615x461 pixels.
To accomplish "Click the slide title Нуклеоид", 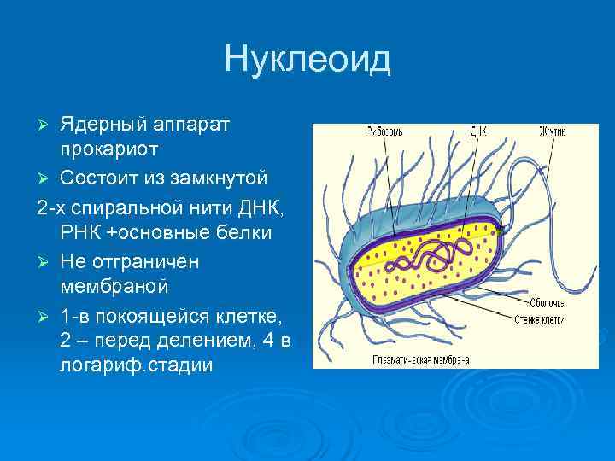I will click(x=307, y=60).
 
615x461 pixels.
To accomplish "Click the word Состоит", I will click(x=99, y=178).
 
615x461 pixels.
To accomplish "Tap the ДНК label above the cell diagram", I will click(x=478, y=132).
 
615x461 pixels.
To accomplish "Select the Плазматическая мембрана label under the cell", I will click(x=419, y=359).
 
